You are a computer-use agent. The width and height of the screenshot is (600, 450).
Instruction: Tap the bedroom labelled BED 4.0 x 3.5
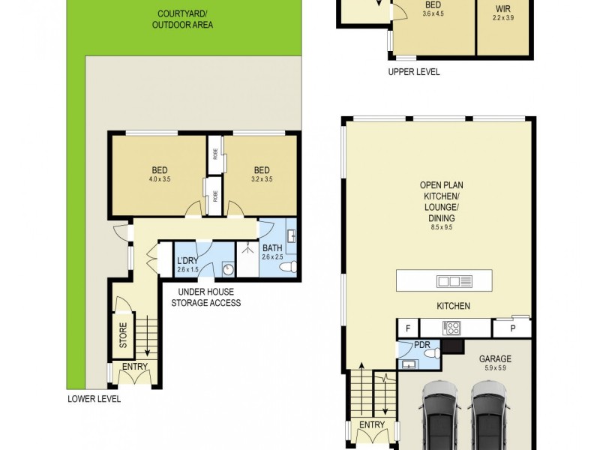[158, 174]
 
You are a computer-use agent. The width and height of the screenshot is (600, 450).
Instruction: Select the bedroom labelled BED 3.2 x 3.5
[261, 174]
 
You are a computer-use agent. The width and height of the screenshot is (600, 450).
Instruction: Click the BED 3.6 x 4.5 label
[433, 8]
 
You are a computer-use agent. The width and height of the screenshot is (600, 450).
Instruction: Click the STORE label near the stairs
[124, 334]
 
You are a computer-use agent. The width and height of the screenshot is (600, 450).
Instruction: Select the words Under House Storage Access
[205, 298]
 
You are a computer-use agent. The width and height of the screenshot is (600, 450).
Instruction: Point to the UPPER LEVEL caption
[413, 72]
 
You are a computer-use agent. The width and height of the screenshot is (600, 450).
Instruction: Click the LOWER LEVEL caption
[94, 399]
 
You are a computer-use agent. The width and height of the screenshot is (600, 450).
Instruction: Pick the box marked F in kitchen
[408, 328]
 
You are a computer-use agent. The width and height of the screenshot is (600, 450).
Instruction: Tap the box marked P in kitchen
[512, 328]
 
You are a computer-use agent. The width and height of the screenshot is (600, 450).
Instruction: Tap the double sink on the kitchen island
[454, 281]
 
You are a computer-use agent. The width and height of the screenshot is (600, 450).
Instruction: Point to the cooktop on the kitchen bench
[453, 327]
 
